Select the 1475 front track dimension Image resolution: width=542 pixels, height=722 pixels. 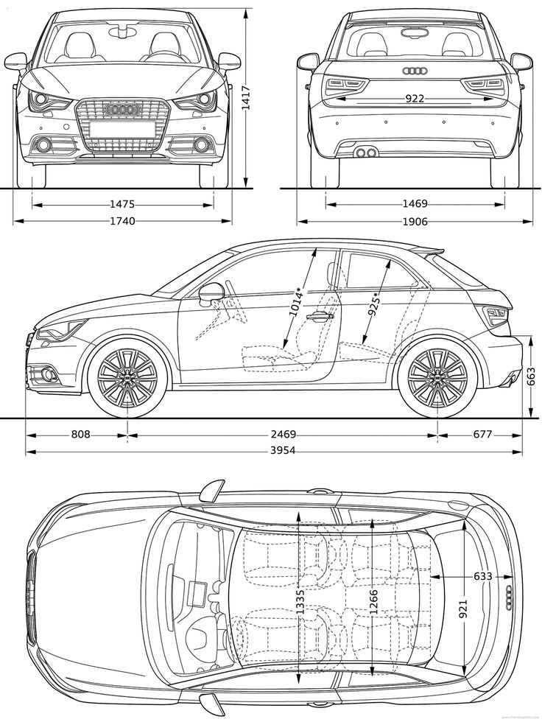click(122, 204)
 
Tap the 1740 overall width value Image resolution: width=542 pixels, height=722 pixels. click(122, 221)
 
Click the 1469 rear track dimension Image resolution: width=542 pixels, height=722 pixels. click(416, 204)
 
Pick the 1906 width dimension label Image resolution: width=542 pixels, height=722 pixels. click(416, 221)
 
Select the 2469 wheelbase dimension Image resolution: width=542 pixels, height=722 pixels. click(284, 435)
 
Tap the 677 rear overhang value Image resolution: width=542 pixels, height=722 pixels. click(482, 435)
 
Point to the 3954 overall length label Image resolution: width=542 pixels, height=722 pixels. click(282, 451)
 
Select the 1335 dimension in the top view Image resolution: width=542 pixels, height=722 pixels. click(300, 603)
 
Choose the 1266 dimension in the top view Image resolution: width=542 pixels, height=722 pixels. click(373, 603)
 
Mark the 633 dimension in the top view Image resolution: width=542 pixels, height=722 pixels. click(482, 576)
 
